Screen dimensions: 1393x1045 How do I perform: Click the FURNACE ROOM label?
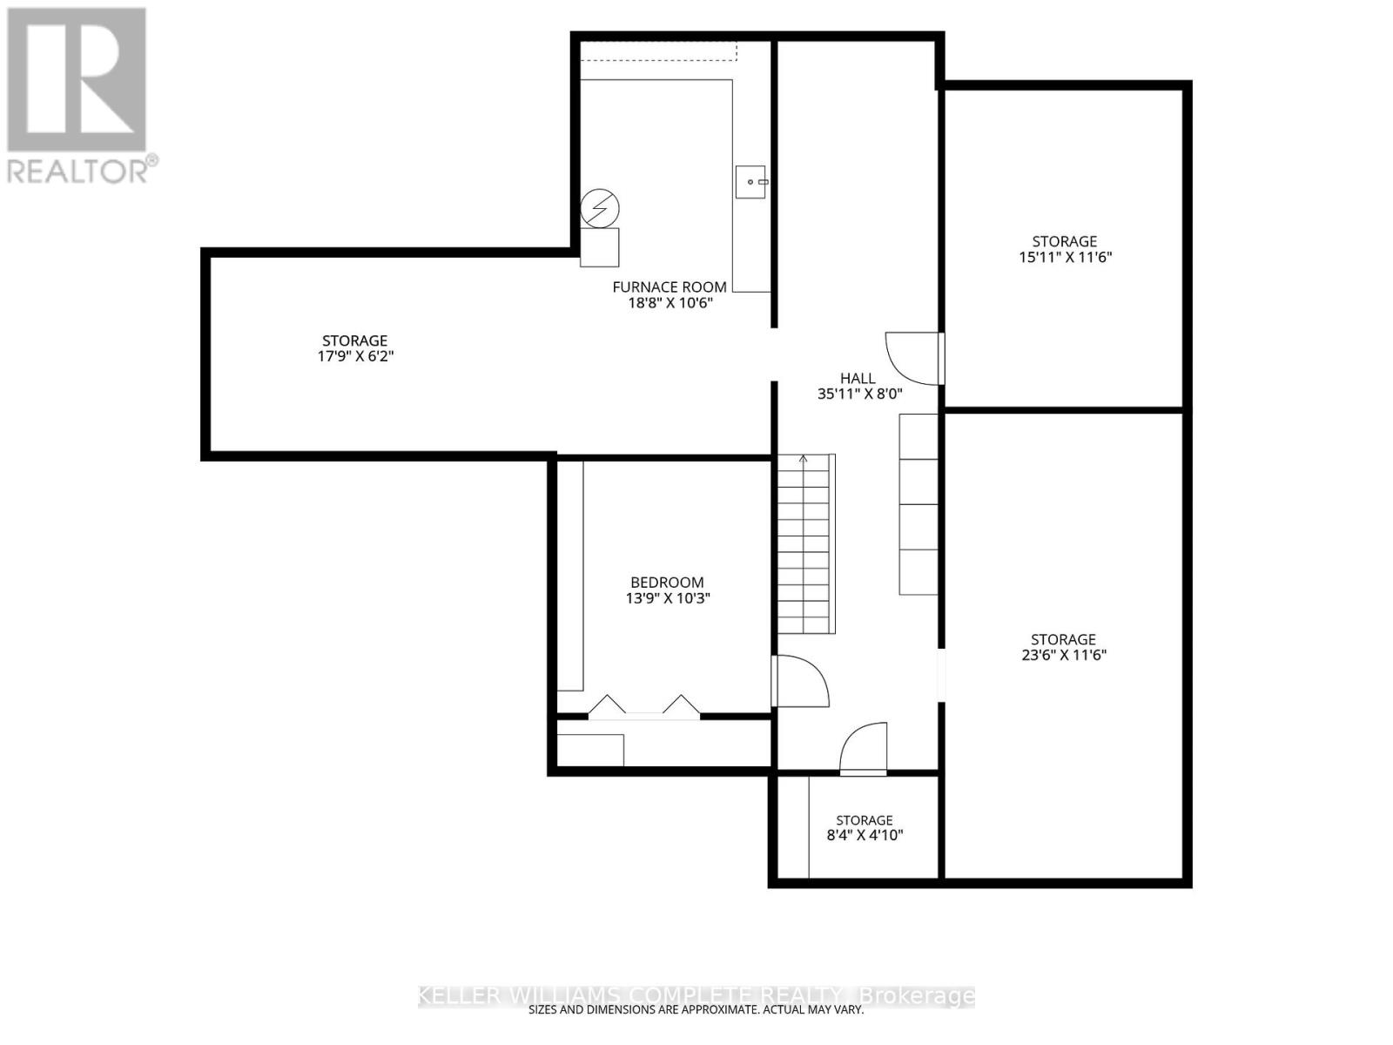[670, 287]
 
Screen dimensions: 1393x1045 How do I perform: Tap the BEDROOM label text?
[667, 582]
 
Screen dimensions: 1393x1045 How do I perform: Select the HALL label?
[858, 378]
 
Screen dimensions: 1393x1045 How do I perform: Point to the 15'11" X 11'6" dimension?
[1066, 258]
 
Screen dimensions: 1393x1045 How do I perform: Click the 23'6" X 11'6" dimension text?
[1064, 655]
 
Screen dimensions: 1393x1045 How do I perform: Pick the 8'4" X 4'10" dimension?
[865, 836]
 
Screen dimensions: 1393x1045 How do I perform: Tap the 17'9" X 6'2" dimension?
[355, 356]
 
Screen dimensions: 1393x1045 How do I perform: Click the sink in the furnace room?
[750, 182]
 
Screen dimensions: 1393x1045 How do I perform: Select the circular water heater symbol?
[600, 208]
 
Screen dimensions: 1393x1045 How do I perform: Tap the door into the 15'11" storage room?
[914, 359]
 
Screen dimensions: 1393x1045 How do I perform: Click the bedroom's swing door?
[800, 681]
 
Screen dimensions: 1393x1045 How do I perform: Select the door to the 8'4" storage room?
[863, 749]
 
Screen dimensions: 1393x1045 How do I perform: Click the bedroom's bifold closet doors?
[644, 707]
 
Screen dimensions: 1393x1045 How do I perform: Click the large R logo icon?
[77, 79]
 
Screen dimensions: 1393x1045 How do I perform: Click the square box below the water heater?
[600, 247]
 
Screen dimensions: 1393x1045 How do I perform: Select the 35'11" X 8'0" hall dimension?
[860, 394]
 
